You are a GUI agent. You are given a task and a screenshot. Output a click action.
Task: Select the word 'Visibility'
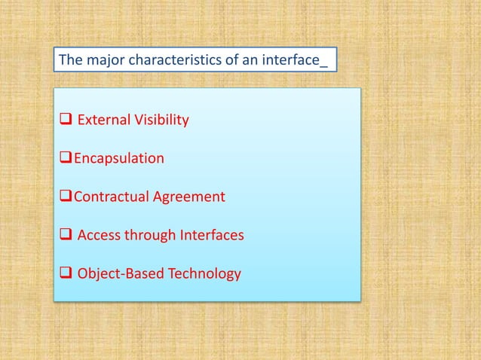click(x=161, y=120)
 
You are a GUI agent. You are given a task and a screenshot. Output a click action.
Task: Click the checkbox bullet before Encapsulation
click(x=64, y=159)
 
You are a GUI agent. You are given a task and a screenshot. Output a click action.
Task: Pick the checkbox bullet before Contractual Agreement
click(x=64, y=197)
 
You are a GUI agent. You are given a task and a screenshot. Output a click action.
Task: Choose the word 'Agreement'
click(x=189, y=197)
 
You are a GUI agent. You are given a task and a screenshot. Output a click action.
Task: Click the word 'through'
click(x=151, y=235)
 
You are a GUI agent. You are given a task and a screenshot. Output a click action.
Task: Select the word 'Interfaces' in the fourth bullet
click(x=211, y=235)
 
